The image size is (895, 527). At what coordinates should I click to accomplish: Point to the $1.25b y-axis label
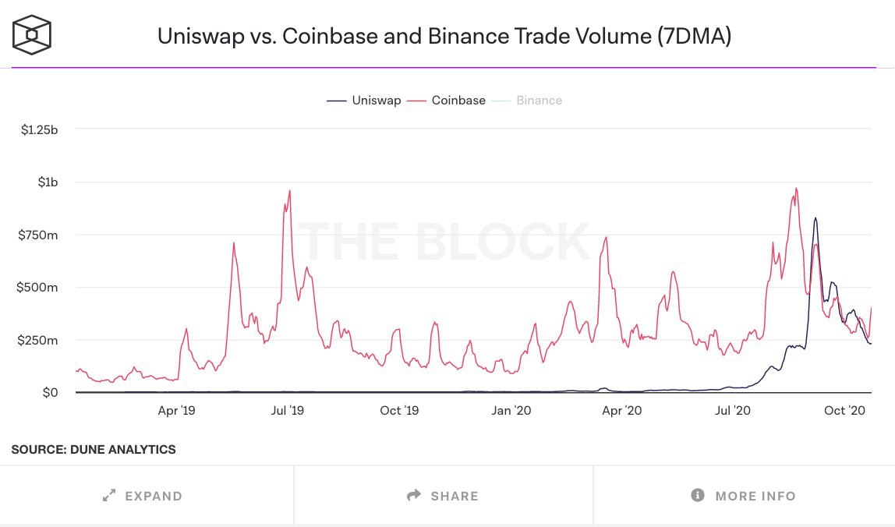click(x=40, y=129)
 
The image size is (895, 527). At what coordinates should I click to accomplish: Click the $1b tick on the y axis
click(x=48, y=182)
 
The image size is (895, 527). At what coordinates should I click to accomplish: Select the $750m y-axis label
click(x=40, y=235)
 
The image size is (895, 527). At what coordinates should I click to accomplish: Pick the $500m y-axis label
click(x=40, y=288)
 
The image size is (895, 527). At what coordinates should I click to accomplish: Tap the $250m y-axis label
click(x=40, y=341)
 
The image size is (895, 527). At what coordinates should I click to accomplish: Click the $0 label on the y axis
click(x=49, y=393)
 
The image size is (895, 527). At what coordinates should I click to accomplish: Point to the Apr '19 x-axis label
click(x=176, y=410)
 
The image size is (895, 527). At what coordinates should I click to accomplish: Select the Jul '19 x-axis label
click(x=288, y=410)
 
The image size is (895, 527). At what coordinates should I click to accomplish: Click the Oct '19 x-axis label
click(x=400, y=410)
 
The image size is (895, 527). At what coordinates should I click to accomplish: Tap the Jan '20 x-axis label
click(x=512, y=410)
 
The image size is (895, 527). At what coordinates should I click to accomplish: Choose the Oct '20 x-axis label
click(x=846, y=410)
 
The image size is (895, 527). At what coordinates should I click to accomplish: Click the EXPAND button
click(x=143, y=496)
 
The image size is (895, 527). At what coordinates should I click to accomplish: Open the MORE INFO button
click(x=744, y=496)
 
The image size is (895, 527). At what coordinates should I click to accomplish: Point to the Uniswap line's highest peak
click(x=815, y=218)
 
